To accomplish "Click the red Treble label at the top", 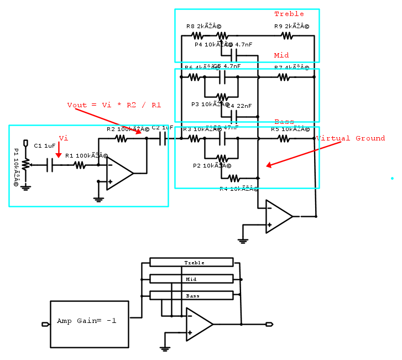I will point(289,14).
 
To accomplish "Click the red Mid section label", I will point(281,55).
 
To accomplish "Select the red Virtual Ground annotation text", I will point(350,138).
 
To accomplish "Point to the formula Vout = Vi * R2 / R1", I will point(114,105).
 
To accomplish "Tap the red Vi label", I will point(63,138).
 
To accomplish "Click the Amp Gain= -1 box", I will point(90,321).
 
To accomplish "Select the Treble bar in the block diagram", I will point(191,262).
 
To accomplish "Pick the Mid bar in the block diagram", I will point(191,279).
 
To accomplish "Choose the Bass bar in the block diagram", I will point(191,295).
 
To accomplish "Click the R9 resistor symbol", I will point(286,36).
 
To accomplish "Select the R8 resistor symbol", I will point(198,36).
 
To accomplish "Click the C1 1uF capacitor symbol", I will point(50,165).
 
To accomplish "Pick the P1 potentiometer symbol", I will point(25,164).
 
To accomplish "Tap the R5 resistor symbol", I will point(284,139).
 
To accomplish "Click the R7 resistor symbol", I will point(284,77).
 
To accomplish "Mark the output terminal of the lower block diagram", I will point(269,325).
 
